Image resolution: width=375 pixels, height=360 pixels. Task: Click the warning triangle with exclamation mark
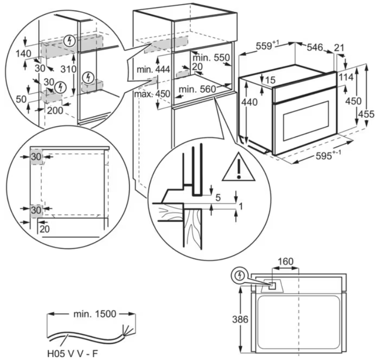click(x=238, y=168)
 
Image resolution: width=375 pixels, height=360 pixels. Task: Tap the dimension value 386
click(x=240, y=319)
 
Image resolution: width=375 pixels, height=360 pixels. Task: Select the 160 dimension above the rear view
click(x=285, y=261)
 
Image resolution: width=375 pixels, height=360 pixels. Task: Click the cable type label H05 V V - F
click(x=72, y=353)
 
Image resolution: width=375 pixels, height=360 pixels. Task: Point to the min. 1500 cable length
click(x=95, y=314)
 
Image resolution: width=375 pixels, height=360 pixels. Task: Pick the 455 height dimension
click(x=367, y=114)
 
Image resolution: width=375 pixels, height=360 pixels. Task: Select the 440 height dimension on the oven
click(x=249, y=102)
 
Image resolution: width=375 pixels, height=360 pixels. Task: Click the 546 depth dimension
click(x=315, y=47)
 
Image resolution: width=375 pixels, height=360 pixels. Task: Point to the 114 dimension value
click(x=346, y=77)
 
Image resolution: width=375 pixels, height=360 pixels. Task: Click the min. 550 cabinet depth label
click(x=211, y=58)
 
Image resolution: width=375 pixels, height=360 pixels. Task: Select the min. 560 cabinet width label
click(x=197, y=89)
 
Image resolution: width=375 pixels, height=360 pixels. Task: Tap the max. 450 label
click(x=152, y=94)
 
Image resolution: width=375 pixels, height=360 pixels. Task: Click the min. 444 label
click(x=153, y=69)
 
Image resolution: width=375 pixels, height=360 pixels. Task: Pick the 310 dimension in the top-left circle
click(x=68, y=69)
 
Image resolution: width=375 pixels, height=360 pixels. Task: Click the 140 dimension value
click(x=23, y=53)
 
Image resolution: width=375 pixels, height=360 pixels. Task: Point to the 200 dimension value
click(x=55, y=110)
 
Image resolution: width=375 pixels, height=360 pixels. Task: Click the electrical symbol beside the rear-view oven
click(x=240, y=276)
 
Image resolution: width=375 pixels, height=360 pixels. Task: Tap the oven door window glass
click(x=306, y=120)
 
